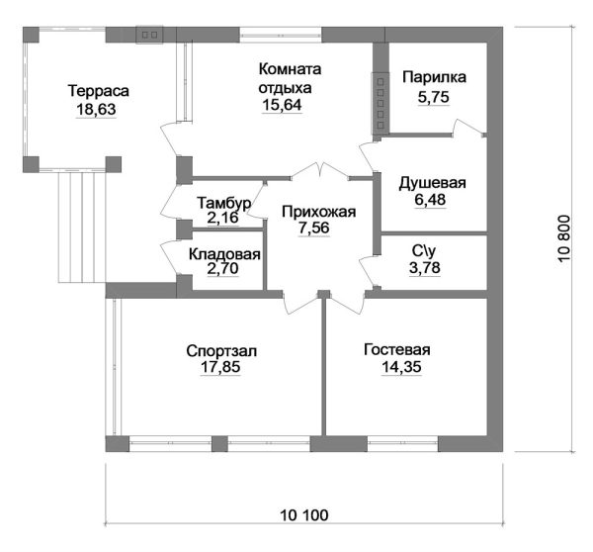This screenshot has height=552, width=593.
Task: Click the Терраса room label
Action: coord(98,91)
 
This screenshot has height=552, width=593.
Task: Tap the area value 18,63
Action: coord(96,110)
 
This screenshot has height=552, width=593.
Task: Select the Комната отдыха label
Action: coord(290,78)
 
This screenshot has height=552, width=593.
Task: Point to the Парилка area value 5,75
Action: coord(434,97)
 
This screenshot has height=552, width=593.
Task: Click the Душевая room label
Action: coord(432,183)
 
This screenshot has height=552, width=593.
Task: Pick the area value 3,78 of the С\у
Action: coord(425,268)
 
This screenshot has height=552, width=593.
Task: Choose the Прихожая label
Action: coord(319,212)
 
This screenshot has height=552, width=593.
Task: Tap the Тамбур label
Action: coord(224,204)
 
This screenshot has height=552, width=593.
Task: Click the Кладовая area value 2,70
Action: coord(222,268)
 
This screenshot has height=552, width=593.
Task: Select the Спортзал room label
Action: coord(221,351)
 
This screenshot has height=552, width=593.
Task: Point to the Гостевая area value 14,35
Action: coord(401,367)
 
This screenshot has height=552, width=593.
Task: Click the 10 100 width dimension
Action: coord(304,515)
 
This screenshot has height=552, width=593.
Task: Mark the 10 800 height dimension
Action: coord(563,238)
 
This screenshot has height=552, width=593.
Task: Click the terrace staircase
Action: coord(82,228)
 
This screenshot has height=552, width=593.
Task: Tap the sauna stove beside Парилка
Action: coord(381,103)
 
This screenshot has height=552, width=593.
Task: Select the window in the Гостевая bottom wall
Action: coord(403,443)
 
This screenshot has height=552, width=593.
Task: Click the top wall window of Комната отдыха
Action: coord(281,35)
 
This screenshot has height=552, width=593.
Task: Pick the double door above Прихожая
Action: coord(320,170)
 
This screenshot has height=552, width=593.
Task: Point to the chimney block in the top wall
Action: coord(150,35)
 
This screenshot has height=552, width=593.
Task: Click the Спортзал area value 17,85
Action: coord(220,367)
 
